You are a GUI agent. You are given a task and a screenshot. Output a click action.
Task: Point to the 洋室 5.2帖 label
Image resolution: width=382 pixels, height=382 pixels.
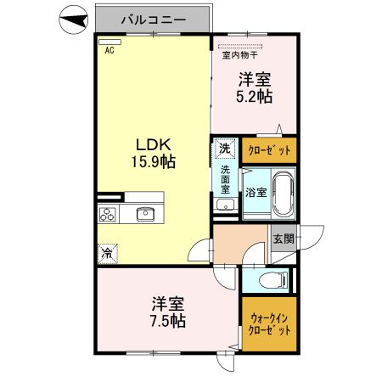coord(255,88)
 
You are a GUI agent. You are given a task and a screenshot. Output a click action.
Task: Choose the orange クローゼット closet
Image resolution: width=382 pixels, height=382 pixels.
coord(269,150)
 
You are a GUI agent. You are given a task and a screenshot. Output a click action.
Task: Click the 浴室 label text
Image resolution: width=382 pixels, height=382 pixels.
coord(255,192)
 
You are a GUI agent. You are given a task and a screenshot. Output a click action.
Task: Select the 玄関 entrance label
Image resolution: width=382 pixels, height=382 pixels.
coord(284,239)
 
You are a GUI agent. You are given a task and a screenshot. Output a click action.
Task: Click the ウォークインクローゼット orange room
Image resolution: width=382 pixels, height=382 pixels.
coord(269,324)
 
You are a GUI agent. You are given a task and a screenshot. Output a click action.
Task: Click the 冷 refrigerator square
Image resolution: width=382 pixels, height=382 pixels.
coord(108,252)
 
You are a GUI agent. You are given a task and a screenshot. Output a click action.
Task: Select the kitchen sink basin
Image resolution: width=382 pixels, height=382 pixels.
coord(145,214)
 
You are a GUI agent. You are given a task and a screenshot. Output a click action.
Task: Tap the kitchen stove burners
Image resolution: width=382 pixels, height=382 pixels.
coord(108,214)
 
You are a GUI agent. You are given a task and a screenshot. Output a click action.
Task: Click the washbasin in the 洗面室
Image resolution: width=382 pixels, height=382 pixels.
coord(225,206)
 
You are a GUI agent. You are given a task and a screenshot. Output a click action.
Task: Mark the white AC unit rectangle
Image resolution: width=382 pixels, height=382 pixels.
coord(110,41)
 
